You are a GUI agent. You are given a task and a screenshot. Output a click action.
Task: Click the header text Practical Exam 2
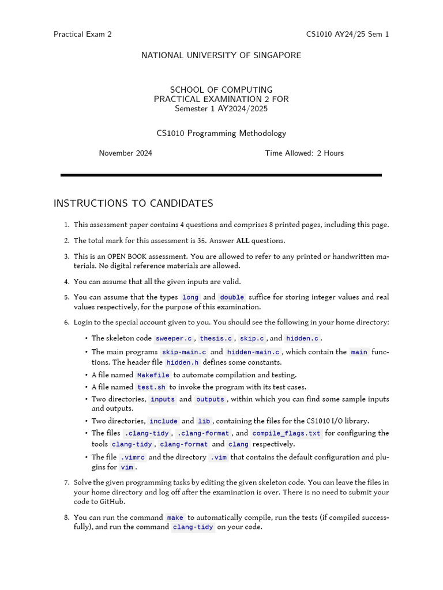tap(82, 34)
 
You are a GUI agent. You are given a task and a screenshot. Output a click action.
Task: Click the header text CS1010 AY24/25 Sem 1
tap(347, 34)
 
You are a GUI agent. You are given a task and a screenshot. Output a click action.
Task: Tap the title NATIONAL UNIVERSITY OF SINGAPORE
tap(221, 55)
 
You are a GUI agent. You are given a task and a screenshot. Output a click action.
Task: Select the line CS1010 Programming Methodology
tap(221, 133)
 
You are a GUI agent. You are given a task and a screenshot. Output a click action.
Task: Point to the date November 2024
tap(125, 153)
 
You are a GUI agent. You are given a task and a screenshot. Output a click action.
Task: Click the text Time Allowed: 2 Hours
tap(304, 153)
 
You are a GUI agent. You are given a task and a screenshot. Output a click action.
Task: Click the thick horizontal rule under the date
tap(221, 175)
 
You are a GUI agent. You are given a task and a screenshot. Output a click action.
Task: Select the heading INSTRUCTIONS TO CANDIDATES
tap(133, 203)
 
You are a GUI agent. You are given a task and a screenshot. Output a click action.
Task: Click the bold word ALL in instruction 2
tap(242, 241)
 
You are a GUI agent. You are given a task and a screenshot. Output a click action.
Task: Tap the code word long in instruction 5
tap(190, 297)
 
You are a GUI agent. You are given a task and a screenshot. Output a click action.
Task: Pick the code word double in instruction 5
tap(232, 297)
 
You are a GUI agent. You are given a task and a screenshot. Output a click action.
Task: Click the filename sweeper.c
tap(174, 339)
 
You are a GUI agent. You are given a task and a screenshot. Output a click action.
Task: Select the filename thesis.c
tap(216, 339)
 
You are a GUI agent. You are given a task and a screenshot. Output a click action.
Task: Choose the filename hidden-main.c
tap(253, 352)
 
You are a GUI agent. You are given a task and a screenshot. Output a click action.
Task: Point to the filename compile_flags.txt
tap(286, 433)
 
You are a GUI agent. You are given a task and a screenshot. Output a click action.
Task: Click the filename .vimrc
tap(133, 457)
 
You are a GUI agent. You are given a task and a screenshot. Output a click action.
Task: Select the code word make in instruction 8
tap(175, 518)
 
